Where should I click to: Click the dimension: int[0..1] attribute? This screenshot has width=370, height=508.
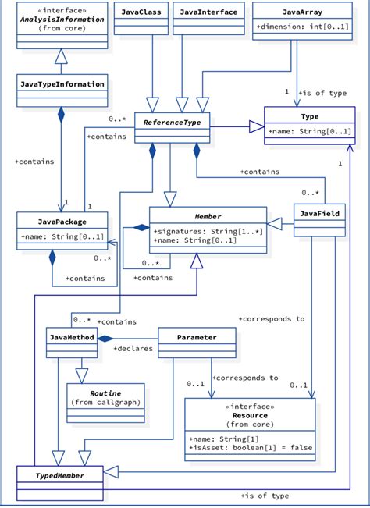coord(293,27)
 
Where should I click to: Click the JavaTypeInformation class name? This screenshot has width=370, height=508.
coord(62,83)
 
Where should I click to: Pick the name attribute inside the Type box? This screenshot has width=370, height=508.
coord(309,131)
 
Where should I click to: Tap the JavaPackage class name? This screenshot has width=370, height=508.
coord(62,222)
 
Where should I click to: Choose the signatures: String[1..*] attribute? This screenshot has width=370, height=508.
coord(207,231)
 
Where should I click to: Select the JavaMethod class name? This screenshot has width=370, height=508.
coord(72,337)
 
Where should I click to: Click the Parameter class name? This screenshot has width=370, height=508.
coord(197,337)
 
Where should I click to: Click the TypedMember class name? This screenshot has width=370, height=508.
coord(60,474)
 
